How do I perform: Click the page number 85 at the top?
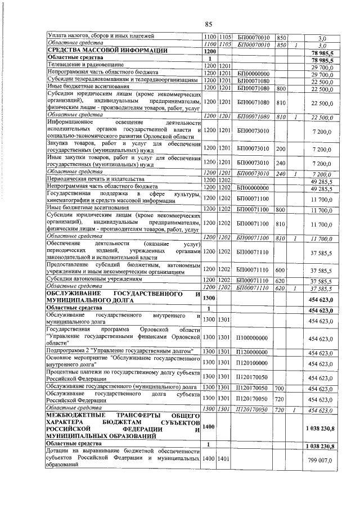(208, 24)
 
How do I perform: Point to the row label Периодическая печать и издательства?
(92, 179)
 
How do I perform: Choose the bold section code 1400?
(209, 429)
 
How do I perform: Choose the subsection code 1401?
(224, 460)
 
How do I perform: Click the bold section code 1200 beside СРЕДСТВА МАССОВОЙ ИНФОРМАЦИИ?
(209, 51)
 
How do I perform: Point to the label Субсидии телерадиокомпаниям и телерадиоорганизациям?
(123, 80)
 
